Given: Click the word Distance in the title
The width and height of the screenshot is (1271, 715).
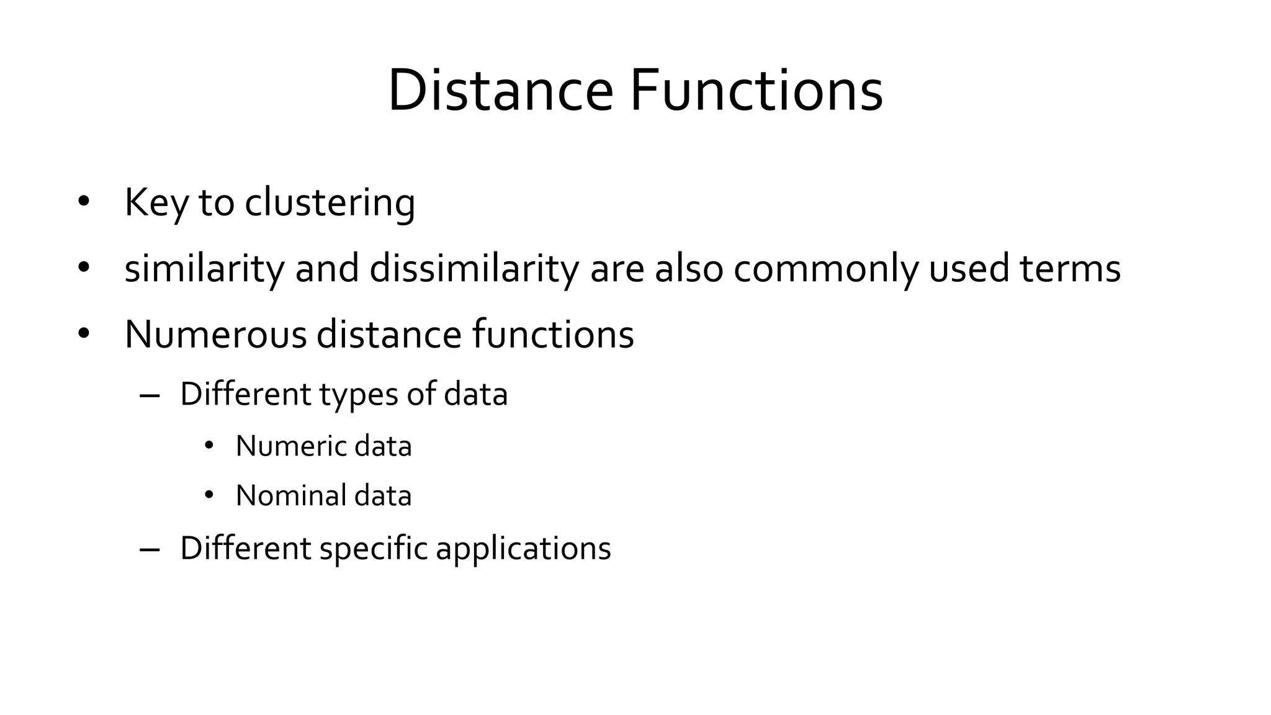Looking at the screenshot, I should pyautogui.click(x=500, y=91).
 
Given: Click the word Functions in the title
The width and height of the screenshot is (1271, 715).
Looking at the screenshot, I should pyautogui.click(x=757, y=91).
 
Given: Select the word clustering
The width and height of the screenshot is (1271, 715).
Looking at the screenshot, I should pyautogui.click(x=330, y=203).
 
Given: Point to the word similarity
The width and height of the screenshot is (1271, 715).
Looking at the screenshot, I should pyautogui.click(x=204, y=269).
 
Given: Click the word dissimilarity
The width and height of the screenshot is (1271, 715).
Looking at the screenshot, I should pyautogui.click(x=474, y=269).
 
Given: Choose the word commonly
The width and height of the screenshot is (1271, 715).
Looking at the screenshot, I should pyautogui.click(x=826, y=269).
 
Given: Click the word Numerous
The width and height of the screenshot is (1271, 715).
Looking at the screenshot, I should pyautogui.click(x=215, y=335).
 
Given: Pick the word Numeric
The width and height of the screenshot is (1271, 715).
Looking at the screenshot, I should pyautogui.click(x=289, y=446).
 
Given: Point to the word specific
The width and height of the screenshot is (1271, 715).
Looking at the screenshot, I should pyautogui.click(x=374, y=549).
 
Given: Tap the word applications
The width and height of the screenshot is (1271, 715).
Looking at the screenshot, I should pyautogui.click(x=523, y=549).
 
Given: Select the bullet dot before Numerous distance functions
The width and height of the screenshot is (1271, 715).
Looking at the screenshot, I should pyautogui.click(x=84, y=333).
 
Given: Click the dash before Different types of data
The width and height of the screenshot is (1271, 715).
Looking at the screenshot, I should pyautogui.click(x=150, y=395).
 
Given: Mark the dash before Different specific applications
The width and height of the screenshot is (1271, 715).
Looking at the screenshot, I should pyautogui.click(x=150, y=549).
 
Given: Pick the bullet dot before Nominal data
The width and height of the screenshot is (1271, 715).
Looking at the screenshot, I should pyautogui.click(x=209, y=495).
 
